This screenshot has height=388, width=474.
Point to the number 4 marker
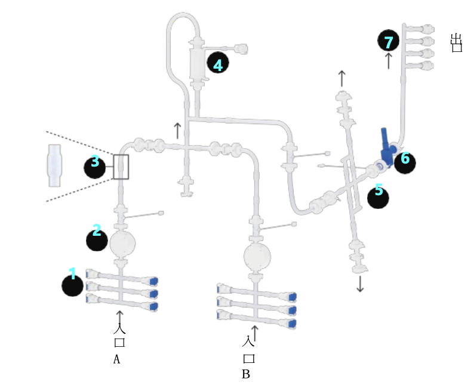click(218, 64)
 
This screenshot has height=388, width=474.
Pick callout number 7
click(389, 41)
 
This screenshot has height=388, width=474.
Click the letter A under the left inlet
click(117, 359)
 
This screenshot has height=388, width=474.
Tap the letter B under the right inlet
click(245, 374)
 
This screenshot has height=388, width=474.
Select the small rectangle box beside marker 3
click(121, 167)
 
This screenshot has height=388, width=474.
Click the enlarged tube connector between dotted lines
click(55, 165)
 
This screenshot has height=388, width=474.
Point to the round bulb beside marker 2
click(122, 242)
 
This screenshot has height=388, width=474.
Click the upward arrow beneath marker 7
click(389, 60)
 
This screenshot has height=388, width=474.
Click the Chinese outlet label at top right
click(456, 43)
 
